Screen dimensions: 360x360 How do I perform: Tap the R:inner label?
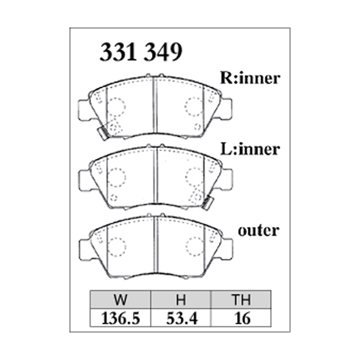(x=250, y=78)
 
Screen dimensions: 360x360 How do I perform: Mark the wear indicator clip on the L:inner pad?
(x=207, y=203)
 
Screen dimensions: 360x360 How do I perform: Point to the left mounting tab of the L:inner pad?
(x=85, y=179)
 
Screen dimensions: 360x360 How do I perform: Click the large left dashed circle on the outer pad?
(x=117, y=246)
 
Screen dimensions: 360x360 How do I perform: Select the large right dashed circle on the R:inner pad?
(x=194, y=106)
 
